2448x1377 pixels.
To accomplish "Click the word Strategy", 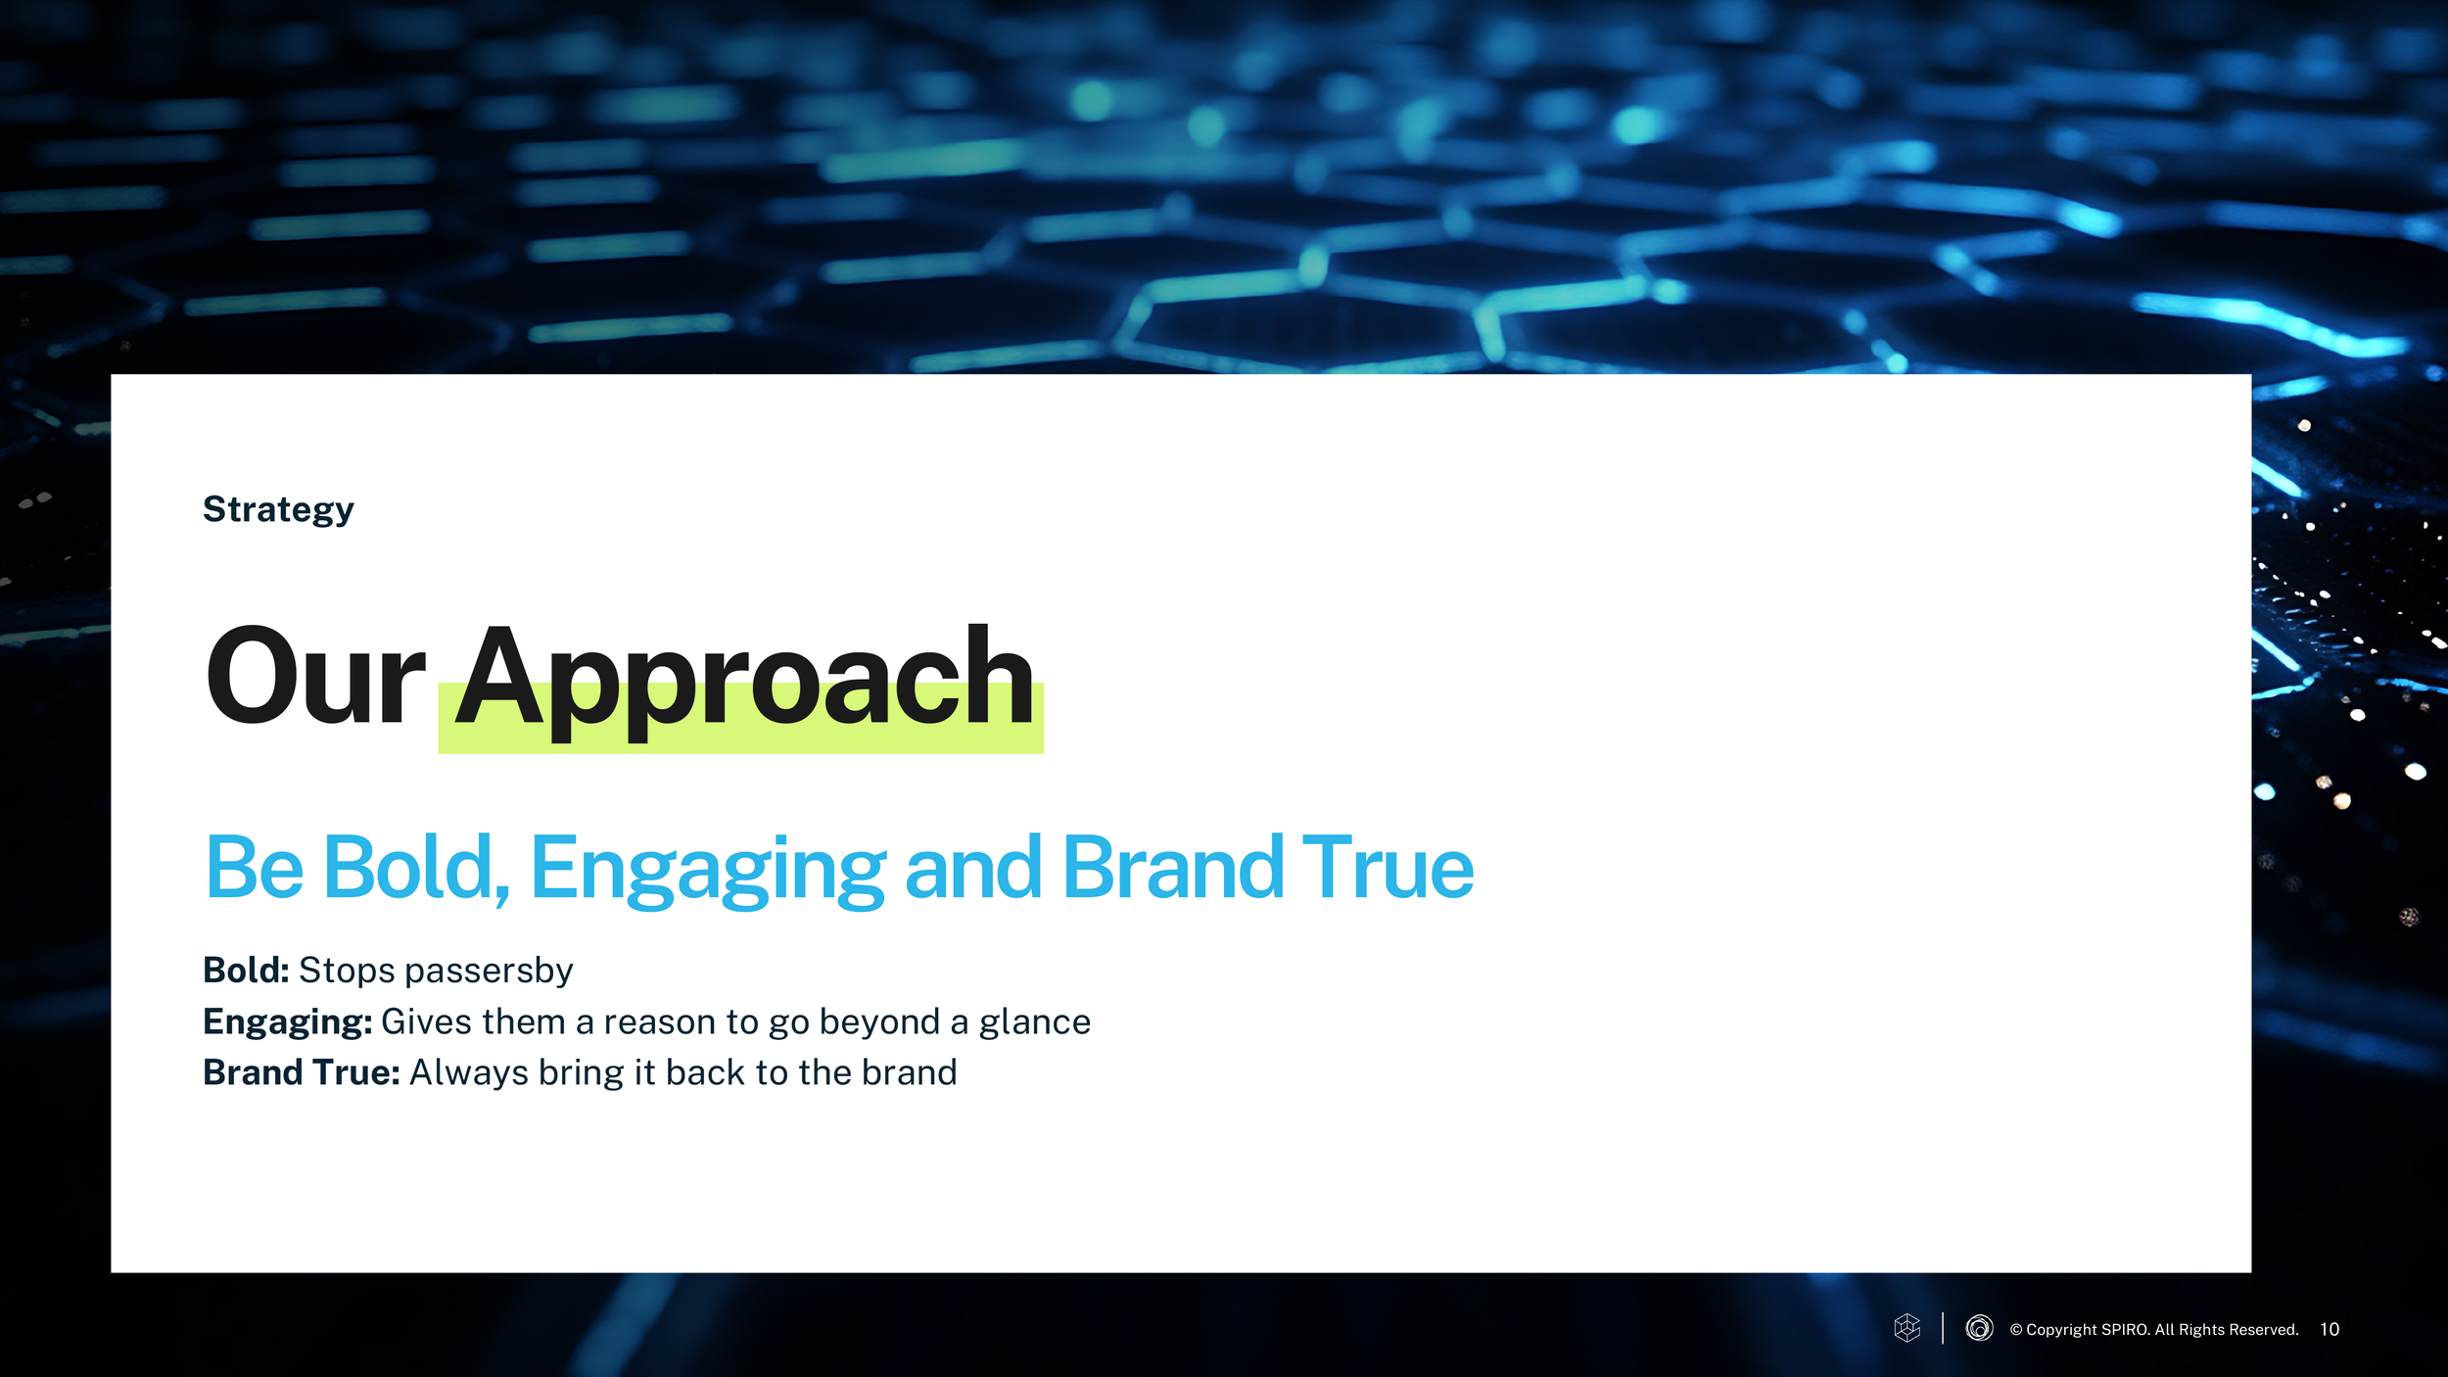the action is pyautogui.click(x=278, y=510).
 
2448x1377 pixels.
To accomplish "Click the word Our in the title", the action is pyautogui.click(x=314, y=677).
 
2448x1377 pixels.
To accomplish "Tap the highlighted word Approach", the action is pyautogui.click(x=744, y=683).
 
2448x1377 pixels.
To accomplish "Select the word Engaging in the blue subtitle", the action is pyautogui.click(x=708, y=870).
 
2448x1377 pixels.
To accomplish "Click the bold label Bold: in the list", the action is pyautogui.click(x=246, y=971).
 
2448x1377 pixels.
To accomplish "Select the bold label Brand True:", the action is pyautogui.click(x=302, y=1073).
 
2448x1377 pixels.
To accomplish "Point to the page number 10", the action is pyautogui.click(x=2330, y=1330).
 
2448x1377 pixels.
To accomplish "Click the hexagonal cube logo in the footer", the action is pyautogui.click(x=1907, y=1328).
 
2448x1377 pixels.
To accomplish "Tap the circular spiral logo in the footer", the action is pyautogui.click(x=1979, y=1328).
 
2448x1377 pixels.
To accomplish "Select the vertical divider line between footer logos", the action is pyautogui.click(x=1943, y=1328).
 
